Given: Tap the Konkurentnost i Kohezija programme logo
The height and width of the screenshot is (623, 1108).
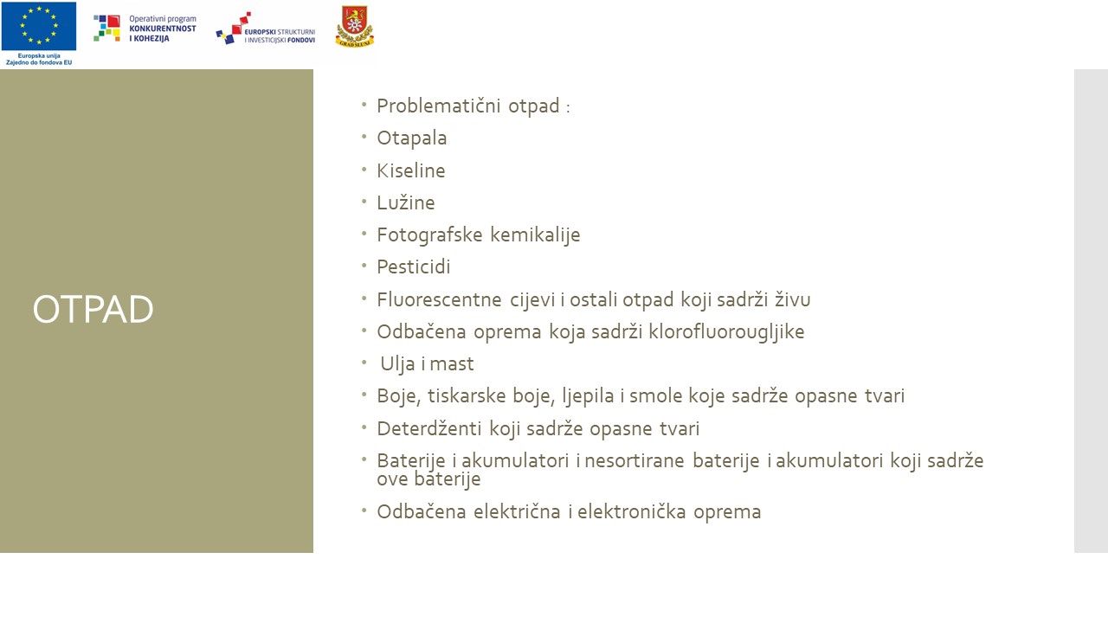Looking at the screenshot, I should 145,29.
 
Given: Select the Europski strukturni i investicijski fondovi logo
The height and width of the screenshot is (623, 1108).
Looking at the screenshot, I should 266,29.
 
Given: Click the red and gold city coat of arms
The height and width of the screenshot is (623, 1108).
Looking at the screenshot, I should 354,27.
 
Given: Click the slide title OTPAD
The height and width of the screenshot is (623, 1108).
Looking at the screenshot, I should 93,310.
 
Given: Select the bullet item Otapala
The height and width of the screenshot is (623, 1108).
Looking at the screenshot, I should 411,138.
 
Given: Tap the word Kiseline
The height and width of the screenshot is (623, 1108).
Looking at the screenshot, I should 410,171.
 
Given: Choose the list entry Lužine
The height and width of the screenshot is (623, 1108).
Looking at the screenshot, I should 405,203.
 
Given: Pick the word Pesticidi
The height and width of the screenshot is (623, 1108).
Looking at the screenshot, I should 413,267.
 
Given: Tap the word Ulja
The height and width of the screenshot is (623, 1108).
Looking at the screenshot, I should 397,364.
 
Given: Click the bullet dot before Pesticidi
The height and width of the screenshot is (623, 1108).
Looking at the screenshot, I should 364,266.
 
